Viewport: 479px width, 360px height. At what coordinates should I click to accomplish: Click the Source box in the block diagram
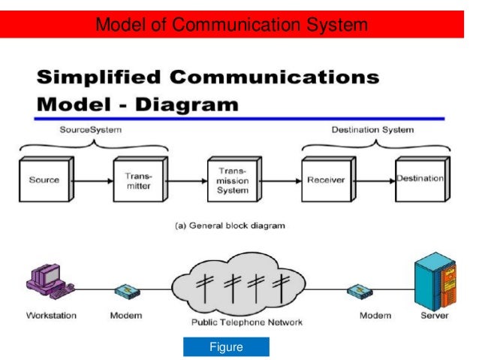43,180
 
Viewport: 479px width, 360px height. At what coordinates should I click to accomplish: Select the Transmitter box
137,180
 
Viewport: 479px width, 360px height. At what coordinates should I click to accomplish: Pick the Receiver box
324,180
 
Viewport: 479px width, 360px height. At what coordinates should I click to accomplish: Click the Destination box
420,180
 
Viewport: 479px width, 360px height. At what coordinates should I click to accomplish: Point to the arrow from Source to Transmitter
89,181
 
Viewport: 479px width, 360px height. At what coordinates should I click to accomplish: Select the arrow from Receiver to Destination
372,180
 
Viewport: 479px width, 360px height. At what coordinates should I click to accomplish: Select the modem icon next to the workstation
126,290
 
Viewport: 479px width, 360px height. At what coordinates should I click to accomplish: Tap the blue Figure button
226,347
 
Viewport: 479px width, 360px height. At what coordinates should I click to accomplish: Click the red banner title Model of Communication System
232,26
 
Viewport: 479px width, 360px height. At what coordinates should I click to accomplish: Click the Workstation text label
50,316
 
